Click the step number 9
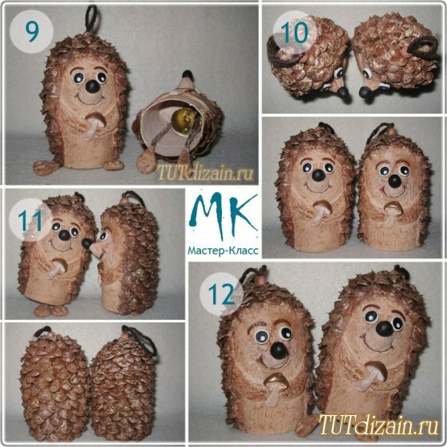point(32,32)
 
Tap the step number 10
point(294,33)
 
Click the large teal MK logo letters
point(223,216)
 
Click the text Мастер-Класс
point(223,251)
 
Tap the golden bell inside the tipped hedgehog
point(184,120)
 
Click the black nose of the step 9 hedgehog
point(92,86)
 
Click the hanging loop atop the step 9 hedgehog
point(92,18)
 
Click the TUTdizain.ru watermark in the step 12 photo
point(378,425)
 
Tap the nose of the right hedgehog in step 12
point(384,330)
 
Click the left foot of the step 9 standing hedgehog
point(44,168)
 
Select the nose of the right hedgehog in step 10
point(365,93)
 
